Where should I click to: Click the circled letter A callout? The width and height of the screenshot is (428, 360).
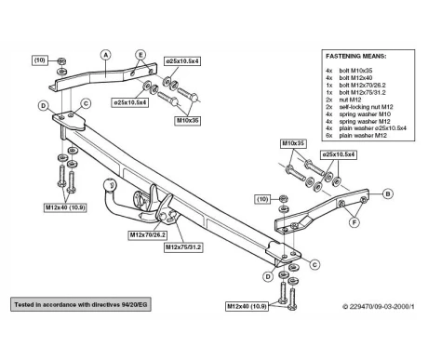pyautogui.click(x=106, y=55)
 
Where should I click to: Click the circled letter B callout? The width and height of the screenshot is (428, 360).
pyautogui.click(x=387, y=194)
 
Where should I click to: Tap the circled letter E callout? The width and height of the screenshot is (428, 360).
pyautogui.click(x=140, y=55)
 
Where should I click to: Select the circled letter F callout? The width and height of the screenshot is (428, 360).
pyautogui.click(x=354, y=222)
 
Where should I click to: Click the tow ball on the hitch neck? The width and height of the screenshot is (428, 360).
pyautogui.click(x=110, y=184)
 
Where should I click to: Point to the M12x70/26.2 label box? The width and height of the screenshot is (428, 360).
pyautogui.click(x=147, y=235)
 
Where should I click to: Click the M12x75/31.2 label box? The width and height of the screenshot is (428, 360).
pyautogui.click(x=183, y=247)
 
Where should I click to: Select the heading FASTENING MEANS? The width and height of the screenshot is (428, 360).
pyautogui.click(x=355, y=56)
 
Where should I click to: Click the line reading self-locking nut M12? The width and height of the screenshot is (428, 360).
pyautogui.click(x=366, y=107)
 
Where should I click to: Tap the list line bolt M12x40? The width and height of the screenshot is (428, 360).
pyautogui.click(x=355, y=78)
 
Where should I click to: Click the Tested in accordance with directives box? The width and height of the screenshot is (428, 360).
pyautogui.click(x=81, y=304)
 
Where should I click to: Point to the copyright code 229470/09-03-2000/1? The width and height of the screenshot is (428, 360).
pyautogui.click(x=379, y=307)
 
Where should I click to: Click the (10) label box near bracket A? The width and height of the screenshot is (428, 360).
pyautogui.click(x=40, y=60)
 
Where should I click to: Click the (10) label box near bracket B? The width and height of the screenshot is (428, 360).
pyautogui.click(x=262, y=199)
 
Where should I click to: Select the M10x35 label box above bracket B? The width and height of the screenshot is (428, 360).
pyautogui.click(x=293, y=143)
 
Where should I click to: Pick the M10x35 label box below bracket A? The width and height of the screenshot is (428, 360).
pyautogui.click(x=187, y=121)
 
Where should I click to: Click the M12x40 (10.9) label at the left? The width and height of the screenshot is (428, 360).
pyautogui.click(x=65, y=207)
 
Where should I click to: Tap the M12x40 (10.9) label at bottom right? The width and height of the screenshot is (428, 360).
pyautogui.click(x=247, y=306)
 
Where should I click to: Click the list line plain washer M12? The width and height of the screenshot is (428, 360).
pyautogui.click(x=363, y=136)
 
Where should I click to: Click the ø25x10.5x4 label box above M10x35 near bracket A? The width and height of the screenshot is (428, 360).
pyautogui.click(x=182, y=61)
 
